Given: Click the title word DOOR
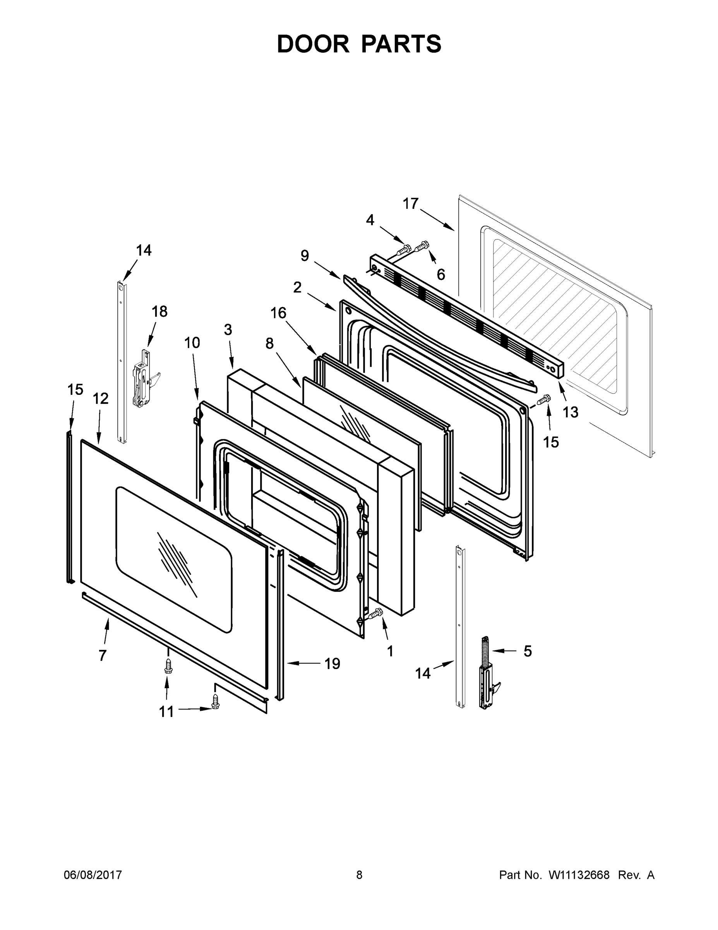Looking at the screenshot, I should (313, 44).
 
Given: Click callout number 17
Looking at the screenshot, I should (410, 204).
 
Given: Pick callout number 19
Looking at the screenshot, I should (332, 663).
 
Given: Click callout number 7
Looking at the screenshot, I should (103, 655).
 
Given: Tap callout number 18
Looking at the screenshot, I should (159, 312).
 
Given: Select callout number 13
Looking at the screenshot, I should (571, 412).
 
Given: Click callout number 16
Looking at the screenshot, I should (279, 313).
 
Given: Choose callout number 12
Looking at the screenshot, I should (101, 399).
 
